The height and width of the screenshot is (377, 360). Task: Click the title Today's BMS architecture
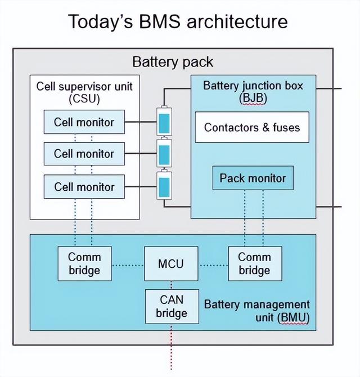tap(178, 21)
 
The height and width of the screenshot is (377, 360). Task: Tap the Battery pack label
tap(173, 61)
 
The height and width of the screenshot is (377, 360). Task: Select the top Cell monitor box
tap(84, 122)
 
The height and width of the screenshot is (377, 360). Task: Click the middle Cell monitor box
tap(84, 154)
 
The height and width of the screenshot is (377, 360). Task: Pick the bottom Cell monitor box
tap(84, 186)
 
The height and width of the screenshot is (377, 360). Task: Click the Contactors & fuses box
tap(252, 127)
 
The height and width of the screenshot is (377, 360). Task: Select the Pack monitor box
tap(253, 178)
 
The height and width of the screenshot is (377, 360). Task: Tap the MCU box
tap(170, 263)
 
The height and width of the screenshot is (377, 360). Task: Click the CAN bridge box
tap(172, 306)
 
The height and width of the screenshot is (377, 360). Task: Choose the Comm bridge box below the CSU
tap(84, 263)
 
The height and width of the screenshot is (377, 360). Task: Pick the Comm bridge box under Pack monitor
tap(254, 263)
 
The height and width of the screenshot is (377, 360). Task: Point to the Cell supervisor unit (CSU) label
tap(84, 93)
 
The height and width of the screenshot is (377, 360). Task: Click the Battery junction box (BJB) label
tap(253, 92)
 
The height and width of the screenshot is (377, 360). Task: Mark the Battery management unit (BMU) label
tap(256, 311)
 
